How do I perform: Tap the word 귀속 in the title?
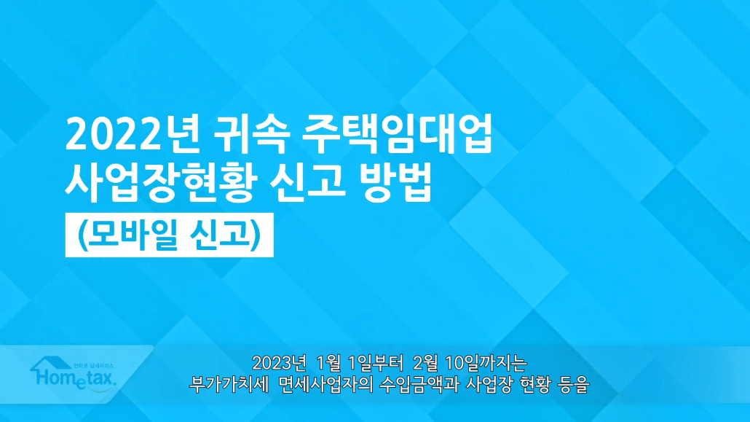pos(252,135)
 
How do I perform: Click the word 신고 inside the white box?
pos(219,234)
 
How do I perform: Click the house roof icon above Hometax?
pos(51,364)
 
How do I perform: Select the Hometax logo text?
pos(75,378)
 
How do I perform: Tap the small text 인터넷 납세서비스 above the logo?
pos(93,365)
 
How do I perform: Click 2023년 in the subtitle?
pos(278,363)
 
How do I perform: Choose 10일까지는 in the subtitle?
pos(486,363)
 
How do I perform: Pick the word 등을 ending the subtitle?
pos(573,384)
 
